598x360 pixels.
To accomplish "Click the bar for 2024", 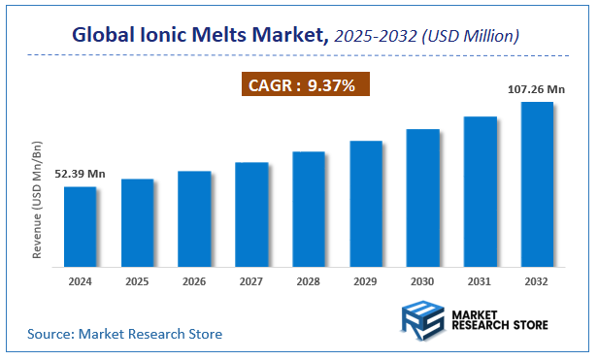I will (x=81, y=224).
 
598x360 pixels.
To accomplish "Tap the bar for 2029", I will (x=366, y=201).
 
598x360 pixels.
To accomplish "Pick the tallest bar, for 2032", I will (x=537, y=181).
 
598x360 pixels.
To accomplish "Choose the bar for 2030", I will (x=423, y=195).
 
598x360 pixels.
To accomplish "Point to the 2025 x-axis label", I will (x=138, y=281).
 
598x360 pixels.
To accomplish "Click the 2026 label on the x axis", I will (x=194, y=281).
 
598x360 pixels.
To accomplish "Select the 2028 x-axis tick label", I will (x=309, y=281).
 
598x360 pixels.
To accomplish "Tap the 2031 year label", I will (x=481, y=281).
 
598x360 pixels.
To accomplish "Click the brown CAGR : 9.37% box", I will (x=305, y=85).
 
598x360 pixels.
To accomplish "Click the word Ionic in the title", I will (x=162, y=35).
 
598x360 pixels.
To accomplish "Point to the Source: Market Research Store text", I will (x=124, y=334).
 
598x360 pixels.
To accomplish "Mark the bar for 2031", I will (x=481, y=189).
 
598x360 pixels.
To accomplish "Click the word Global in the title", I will (x=104, y=35).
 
